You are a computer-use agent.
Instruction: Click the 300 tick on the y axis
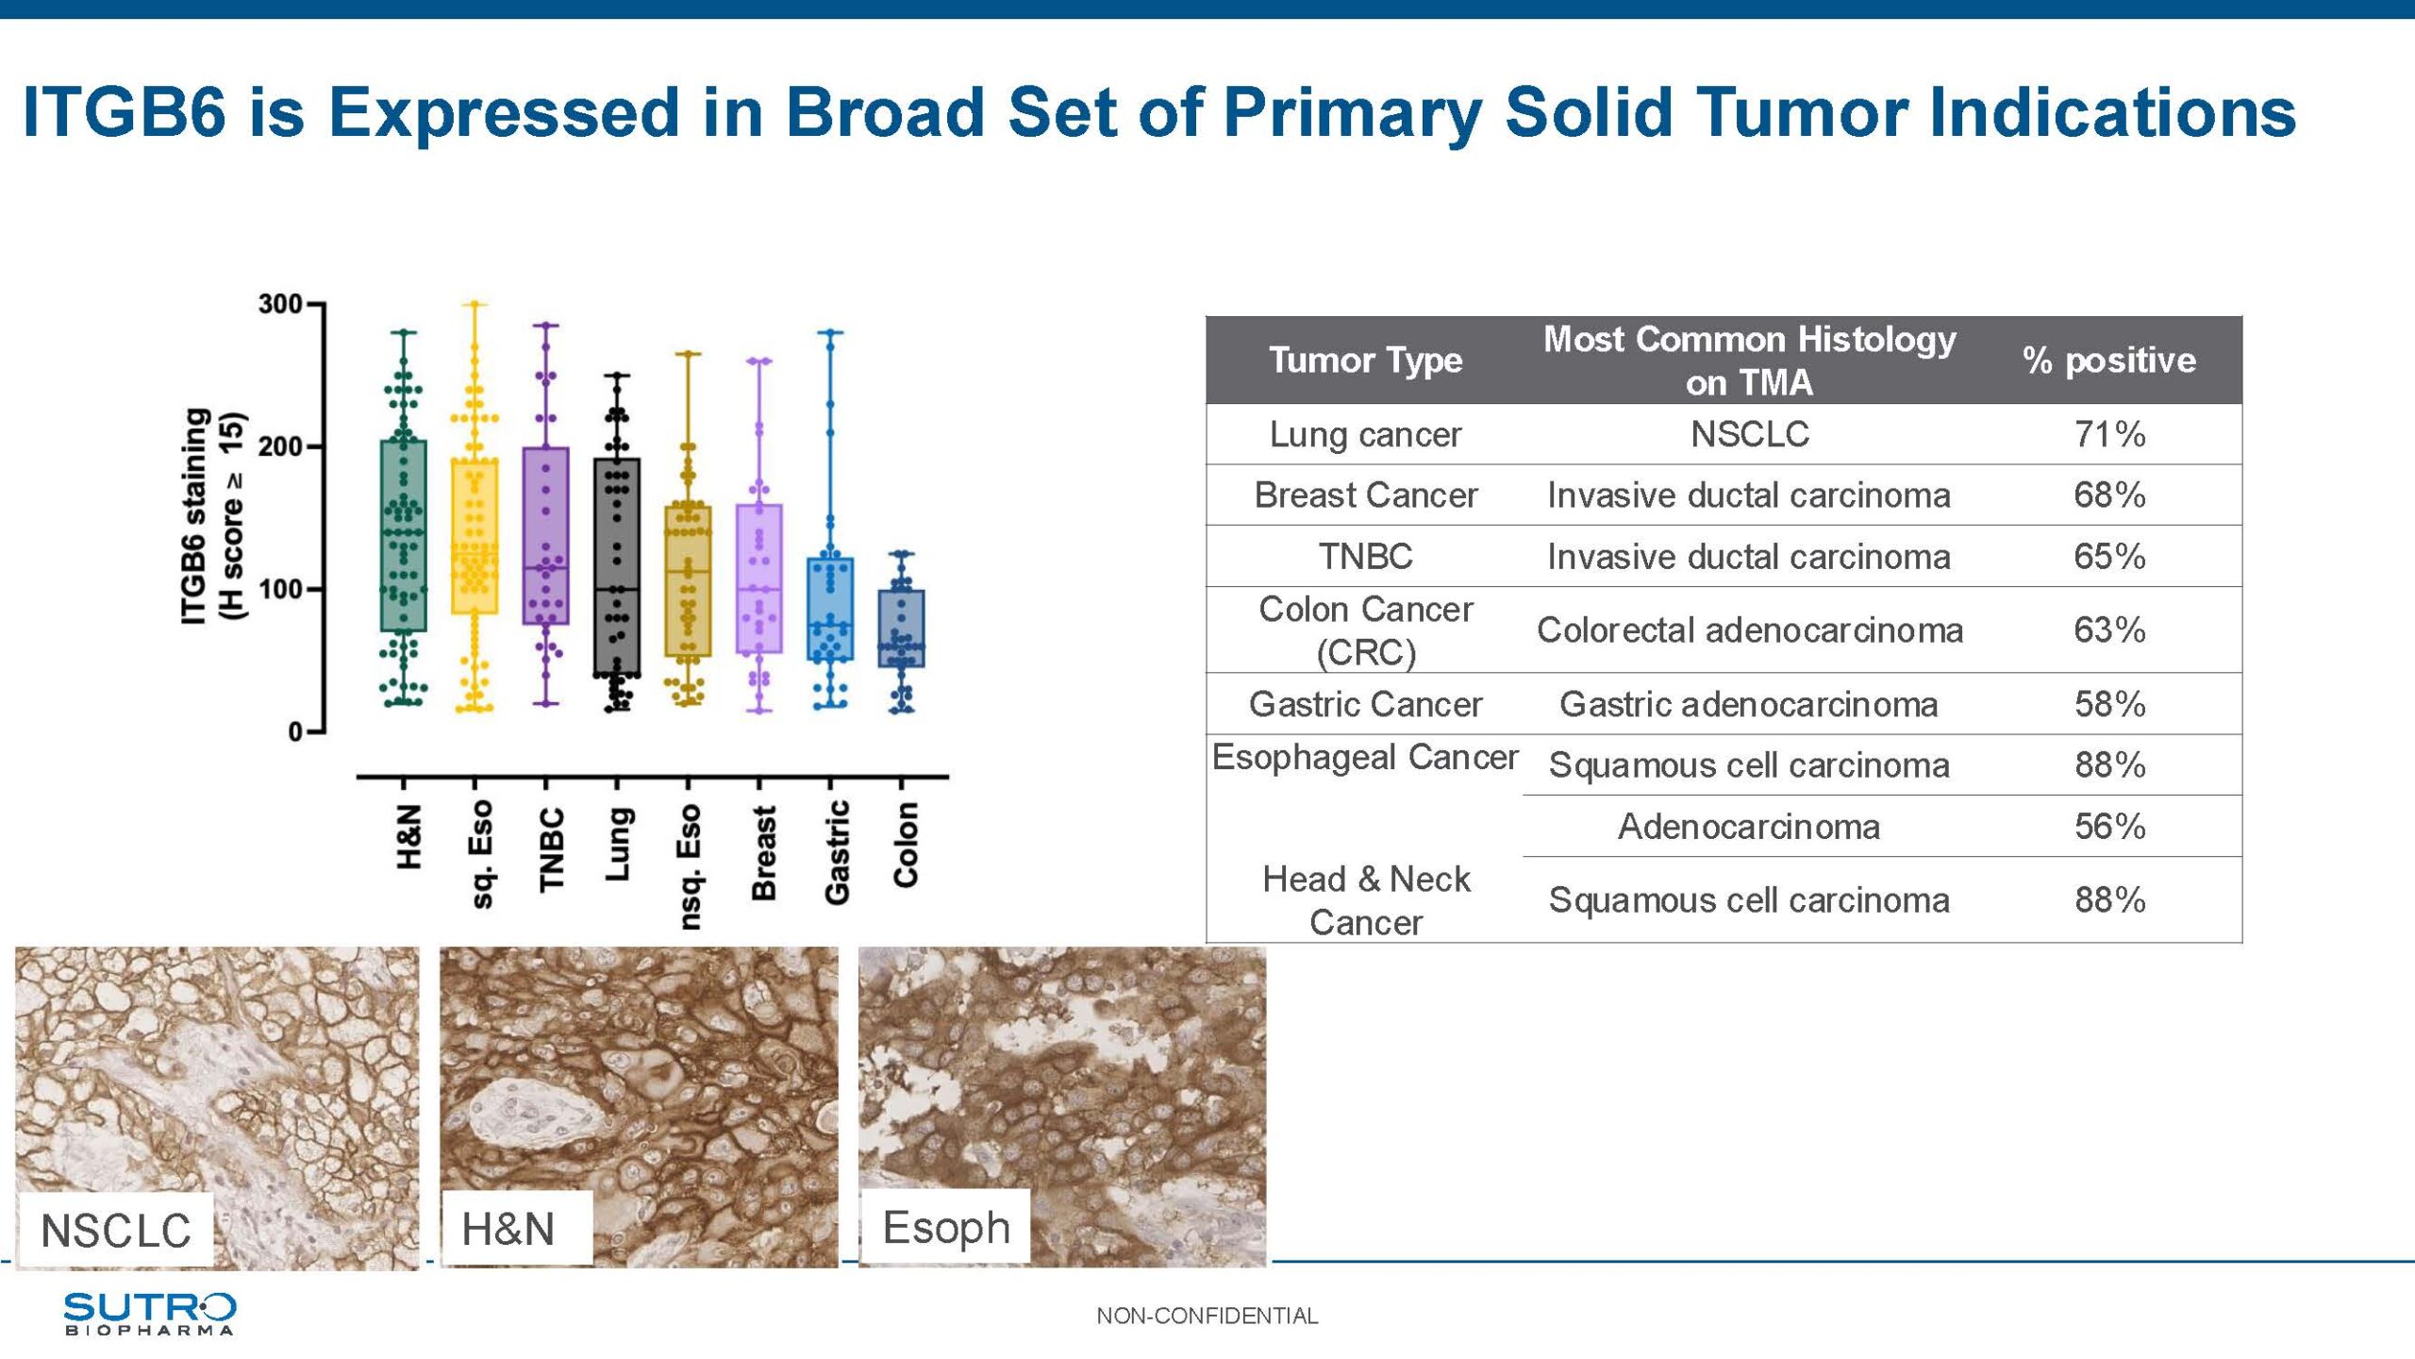pyautogui.click(x=279, y=304)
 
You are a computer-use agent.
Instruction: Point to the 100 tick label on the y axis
pyautogui.click(x=279, y=589)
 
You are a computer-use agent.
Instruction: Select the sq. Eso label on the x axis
pyautogui.click(x=481, y=854)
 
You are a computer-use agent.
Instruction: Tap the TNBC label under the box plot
pyautogui.click(x=551, y=849)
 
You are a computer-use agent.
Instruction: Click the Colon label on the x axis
pyautogui.click(x=906, y=845)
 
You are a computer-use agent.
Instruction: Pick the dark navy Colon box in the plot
pyautogui.click(x=902, y=629)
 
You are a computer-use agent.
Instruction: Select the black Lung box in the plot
pyautogui.click(x=617, y=567)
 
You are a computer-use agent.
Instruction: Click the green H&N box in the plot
pyautogui.click(x=404, y=535)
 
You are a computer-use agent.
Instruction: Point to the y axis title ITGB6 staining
pyautogui.click(x=194, y=516)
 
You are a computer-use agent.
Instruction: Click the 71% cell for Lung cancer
pyautogui.click(x=2109, y=434)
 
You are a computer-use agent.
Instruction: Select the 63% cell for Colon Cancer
pyautogui.click(x=2109, y=629)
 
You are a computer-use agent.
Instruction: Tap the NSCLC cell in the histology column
pyautogui.click(x=1749, y=434)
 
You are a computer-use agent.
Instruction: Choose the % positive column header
pyautogui.click(x=2109, y=361)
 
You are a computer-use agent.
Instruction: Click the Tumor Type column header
pyautogui.click(x=1365, y=361)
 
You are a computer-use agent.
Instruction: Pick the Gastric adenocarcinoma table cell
pyautogui.click(x=1749, y=704)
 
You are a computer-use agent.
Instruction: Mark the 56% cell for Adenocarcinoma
pyautogui.click(x=2109, y=827)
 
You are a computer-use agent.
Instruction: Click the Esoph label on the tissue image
pyautogui.click(x=946, y=1228)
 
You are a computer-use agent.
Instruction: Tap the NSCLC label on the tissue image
pyautogui.click(x=116, y=1231)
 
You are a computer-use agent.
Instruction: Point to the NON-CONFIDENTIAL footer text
pyautogui.click(x=1207, y=1316)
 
